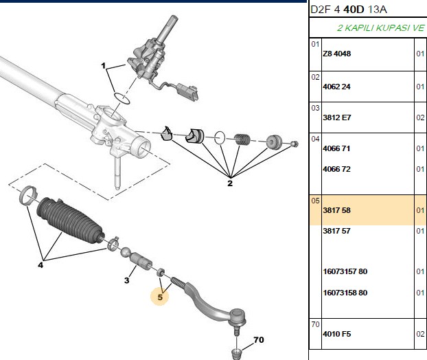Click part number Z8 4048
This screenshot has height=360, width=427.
(336, 54)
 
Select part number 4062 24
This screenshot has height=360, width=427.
(336, 87)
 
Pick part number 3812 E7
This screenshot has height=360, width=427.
(337, 117)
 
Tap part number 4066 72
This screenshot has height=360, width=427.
(336, 169)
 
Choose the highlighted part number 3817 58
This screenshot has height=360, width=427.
(336, 210)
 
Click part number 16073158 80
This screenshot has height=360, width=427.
(345, 293)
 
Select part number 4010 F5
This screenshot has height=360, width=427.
(337, 334)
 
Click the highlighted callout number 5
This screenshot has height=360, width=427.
(160, 297)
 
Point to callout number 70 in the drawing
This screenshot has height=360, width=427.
(259, 340)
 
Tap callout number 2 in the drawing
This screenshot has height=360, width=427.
(230, 183)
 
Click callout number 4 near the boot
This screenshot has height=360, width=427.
(41, 265)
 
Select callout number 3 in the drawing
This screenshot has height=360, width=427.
(126, 280)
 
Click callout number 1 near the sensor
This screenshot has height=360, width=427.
(103, 66)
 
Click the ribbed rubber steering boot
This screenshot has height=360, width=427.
(70, 220)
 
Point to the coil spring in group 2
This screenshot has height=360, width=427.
(242, 139)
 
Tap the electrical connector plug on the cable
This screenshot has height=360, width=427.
(188, 91)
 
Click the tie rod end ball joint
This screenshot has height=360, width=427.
(238, 317)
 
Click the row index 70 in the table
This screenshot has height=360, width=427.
(315, 324)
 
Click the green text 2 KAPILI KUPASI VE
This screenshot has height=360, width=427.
(380, 27)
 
